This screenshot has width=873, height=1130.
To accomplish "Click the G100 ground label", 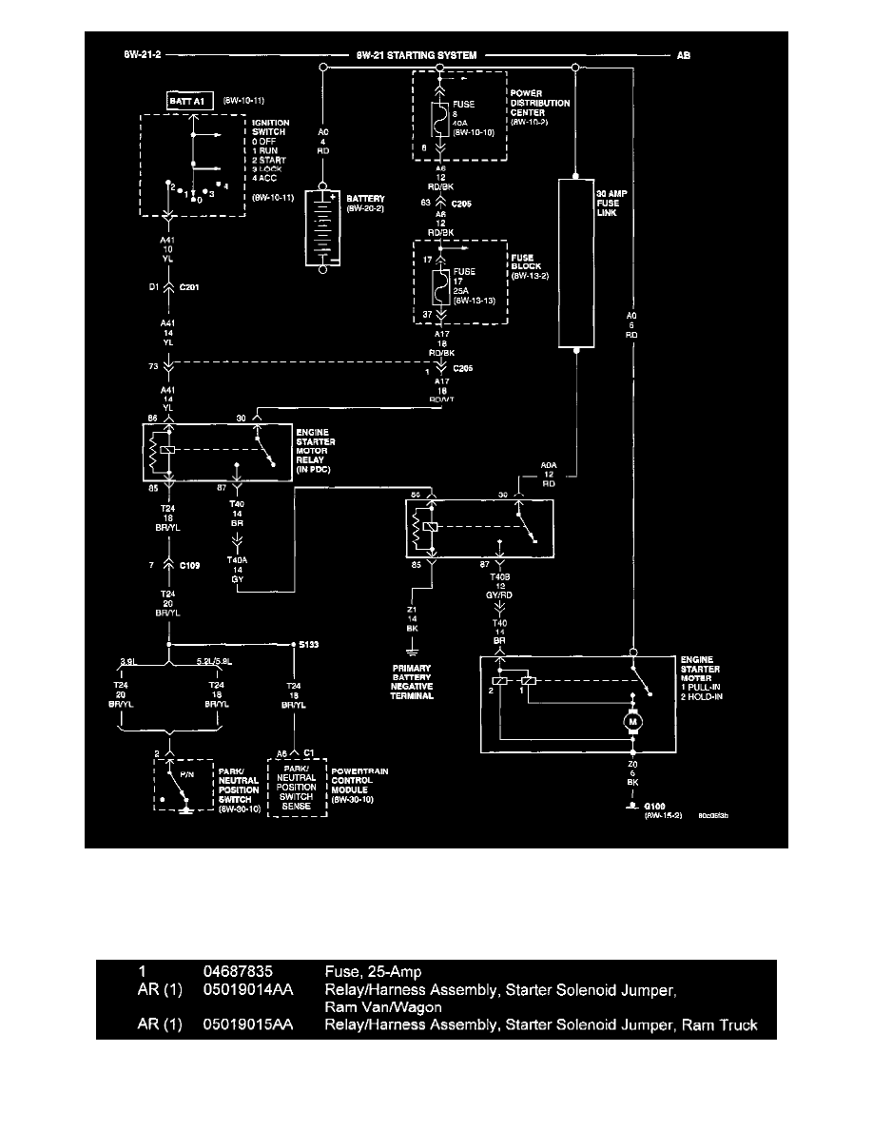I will pos(654,805).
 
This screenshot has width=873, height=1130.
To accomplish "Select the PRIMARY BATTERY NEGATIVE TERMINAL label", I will pos(411,681).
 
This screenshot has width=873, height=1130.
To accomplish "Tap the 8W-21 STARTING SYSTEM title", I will pos(417,56).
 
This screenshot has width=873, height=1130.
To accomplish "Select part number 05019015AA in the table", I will pos(247,1024).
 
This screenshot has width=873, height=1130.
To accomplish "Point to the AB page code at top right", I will pos(684,56).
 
